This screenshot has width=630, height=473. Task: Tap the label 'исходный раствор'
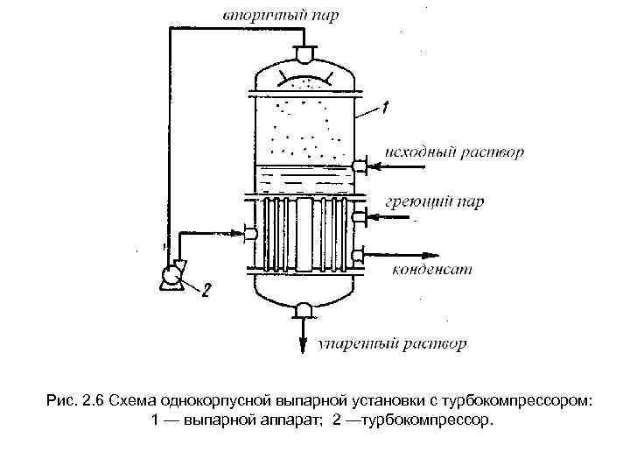[x=455, y=152]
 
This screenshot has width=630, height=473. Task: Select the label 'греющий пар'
[x=435, y=202]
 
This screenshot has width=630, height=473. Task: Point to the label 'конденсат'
[x=431, y=268]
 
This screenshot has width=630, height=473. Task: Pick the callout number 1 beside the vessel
[x=385, y=108]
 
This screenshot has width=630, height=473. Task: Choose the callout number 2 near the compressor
[x=207, y=289]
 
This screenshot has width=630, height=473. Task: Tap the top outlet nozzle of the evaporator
[x=304, y=54]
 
